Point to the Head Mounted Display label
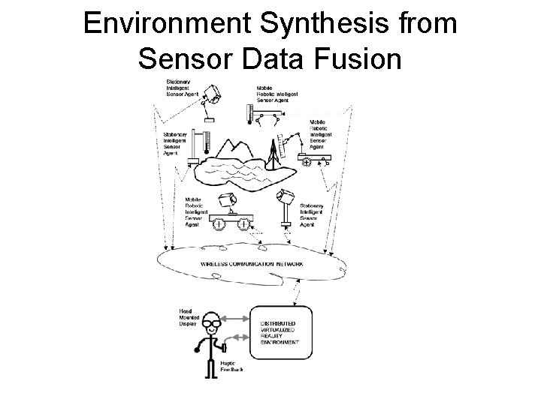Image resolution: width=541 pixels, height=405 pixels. pyautogui.click(x=187, y=317)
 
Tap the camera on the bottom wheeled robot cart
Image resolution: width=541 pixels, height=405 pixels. pyautogui.click(x=227, y=199)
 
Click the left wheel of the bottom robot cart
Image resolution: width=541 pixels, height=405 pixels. pyautogui.click(x=218, y=223)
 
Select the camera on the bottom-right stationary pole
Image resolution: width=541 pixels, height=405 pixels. pyautogui.click(x=285, y=197)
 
